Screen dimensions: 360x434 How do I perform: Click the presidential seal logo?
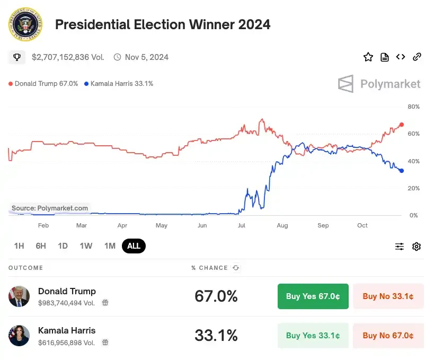click(x=24, y=24)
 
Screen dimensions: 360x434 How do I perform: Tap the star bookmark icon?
click(x=368, y=57)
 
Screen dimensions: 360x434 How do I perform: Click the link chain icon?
click(x=417, y=57)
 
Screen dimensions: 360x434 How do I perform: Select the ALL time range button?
click(x=134, y=246)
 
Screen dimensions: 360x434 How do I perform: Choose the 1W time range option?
click(x=86, y=246)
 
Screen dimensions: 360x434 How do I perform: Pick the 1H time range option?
click(x=19, y=246)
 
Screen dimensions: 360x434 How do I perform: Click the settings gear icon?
click(x=417, y=247)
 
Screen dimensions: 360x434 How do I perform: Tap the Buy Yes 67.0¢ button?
click(x=313, y=296)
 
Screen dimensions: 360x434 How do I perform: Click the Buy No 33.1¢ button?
click(x=388, y=296)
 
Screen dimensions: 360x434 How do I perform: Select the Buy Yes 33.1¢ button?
click(x=313, y=336)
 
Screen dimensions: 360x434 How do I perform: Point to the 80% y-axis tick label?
click(x=413, y=107)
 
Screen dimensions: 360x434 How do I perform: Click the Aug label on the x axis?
click(x=282, y=226)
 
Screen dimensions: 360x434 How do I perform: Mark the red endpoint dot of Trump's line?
click(x=401, y=125)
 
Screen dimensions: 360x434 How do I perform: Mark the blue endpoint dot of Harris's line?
click(x=401, y=171)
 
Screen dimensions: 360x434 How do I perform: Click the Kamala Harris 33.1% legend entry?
click(x=119, y=84)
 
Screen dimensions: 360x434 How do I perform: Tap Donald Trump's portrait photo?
click(x=19, y=296)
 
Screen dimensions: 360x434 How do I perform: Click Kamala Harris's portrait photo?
click(x=19, y=336)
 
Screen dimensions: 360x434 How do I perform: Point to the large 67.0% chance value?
click(x=216, y=296)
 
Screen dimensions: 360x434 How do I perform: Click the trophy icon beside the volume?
click(x=17, y=57)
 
